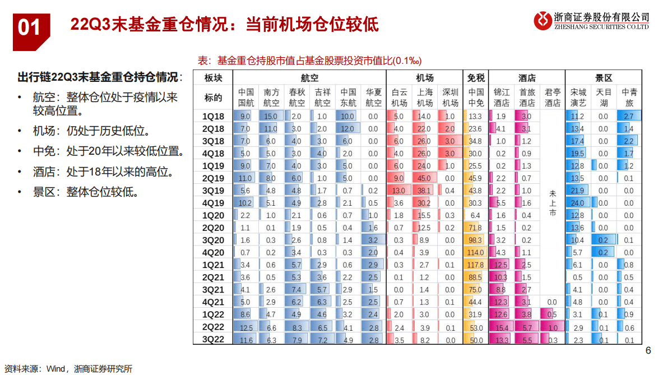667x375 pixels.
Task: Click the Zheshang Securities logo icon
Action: pos(543,21)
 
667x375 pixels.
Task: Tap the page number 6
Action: pos(649,351)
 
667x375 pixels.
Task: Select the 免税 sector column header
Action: pos(476,78)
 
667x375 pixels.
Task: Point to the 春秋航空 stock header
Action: pos(297,98)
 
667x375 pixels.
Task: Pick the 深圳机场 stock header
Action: pos(450,98)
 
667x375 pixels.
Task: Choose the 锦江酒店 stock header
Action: pos(502,98)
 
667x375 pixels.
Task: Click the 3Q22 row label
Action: pos(212,339)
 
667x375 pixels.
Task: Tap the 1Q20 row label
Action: pos(212,215)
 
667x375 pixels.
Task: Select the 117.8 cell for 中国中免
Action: pos(475,265)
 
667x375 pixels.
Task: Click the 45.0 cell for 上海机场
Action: pos(424,178)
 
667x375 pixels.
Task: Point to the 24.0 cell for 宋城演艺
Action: pos(577,203)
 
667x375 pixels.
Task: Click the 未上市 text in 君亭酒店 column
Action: pos(553,203)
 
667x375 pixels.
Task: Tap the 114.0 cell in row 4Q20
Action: pos(475,252)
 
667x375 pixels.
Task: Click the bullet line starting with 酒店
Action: pos(103,172)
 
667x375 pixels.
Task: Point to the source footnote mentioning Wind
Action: pos(67,368)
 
